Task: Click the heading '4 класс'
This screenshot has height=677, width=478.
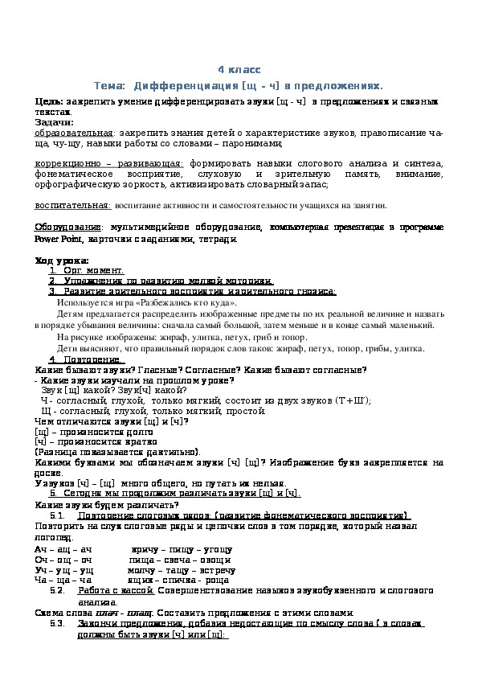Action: [239, 70]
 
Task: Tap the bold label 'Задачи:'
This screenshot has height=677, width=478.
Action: [54, 122]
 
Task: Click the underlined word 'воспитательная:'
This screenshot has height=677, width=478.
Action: [73, 206]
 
